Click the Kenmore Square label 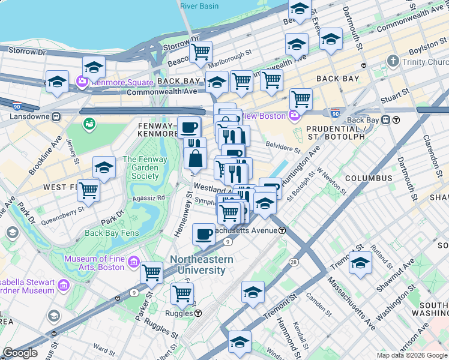[x=116, y=80]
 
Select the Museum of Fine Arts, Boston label [x=94, y=263]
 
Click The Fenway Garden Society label [x=141, y=167]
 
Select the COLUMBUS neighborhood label [x=369, y=178]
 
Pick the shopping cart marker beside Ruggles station [x=182, y=294]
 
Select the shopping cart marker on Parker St [x=151, y=272]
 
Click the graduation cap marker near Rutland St [x=360, y=263]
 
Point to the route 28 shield [x=294, y=262]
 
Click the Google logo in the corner [x=20, y=353]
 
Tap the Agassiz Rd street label [x=147, y=197]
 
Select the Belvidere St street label [x=282, y=146]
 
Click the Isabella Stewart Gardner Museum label [x=29, y=286]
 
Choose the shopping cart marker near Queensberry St [x=88, y=190]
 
